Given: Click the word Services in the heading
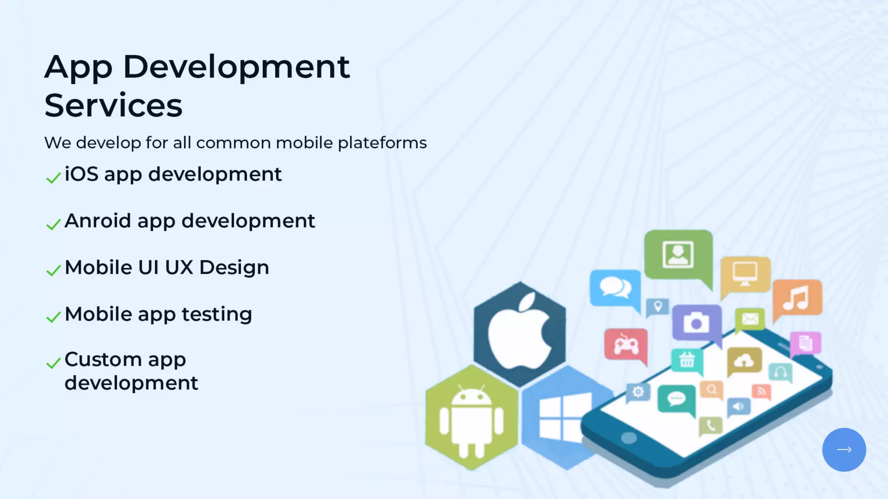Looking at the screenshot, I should click(113, 105).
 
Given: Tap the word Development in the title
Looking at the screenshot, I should click(236, 67).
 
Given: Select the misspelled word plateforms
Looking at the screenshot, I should click(382, 143).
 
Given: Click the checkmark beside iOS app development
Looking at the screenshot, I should click(53, 178).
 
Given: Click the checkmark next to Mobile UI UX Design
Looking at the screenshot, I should click(53, 270).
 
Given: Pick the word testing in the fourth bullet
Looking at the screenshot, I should click(216, 314).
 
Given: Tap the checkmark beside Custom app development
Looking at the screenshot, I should click(53, 363).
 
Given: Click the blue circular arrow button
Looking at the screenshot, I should click(844, 450).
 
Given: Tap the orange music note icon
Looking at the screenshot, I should click(797, 298).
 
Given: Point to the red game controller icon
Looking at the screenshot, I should click(626, 345).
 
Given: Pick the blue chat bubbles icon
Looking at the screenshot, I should click(615, 288).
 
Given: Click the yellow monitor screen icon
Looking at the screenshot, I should click(745, 274).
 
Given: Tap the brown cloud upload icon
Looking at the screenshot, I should click(744, 360).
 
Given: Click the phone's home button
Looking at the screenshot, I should click(629, 437).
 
